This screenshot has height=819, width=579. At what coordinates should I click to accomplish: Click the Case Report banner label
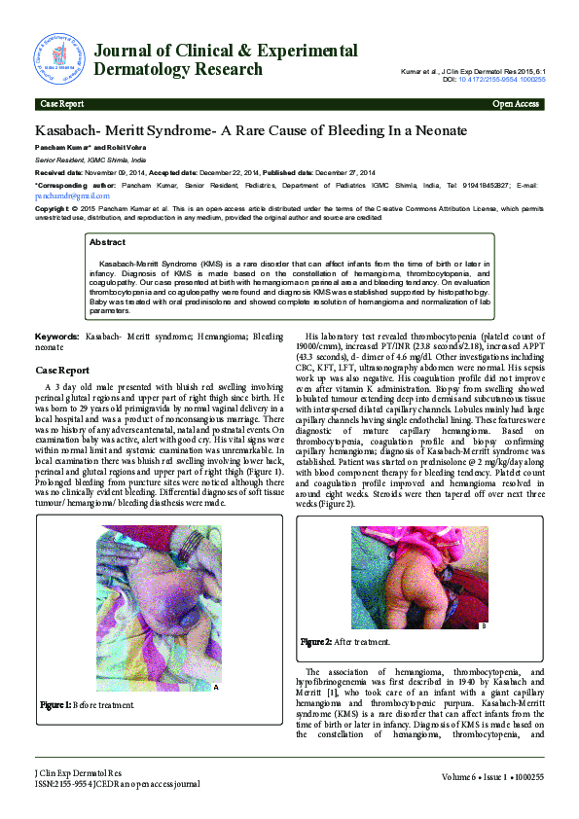[x=60, y=103]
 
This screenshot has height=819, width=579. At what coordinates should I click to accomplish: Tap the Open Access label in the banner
[x=516, y=103]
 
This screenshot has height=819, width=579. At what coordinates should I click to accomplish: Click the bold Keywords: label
[x=56, y=336]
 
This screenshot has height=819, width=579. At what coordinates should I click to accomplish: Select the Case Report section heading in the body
[x=61, y=371]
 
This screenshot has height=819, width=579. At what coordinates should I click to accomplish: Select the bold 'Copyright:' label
[x=54, y=208]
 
